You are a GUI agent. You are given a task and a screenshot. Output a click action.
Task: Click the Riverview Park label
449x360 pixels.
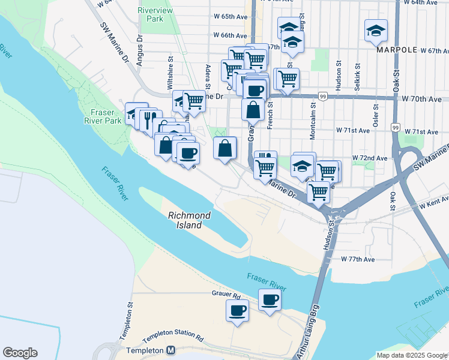coord(155,14)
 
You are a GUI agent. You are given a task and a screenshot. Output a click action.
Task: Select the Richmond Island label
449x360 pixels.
coord(189,220)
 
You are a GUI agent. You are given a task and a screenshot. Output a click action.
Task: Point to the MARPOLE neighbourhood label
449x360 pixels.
coord(396,50)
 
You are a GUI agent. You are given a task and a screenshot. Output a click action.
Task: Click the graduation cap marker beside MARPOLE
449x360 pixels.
coord(376,31)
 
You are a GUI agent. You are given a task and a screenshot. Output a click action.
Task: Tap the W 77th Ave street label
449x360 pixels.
coord(358,259)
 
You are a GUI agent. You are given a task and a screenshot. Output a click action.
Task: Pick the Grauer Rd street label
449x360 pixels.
coord(226,295)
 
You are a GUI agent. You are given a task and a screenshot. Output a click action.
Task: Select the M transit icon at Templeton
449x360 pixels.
coord(170,350)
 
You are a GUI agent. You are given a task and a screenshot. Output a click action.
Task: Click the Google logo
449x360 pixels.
coord(20,353)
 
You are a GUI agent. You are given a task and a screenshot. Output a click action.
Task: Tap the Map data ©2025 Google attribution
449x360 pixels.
coord(412,355)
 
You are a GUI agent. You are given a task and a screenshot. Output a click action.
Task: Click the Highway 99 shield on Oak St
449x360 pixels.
coord(395,127)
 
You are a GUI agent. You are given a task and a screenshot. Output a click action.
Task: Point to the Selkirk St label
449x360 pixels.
coord(357,77)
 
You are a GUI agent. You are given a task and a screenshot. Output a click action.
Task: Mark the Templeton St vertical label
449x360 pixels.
coord(129,314)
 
